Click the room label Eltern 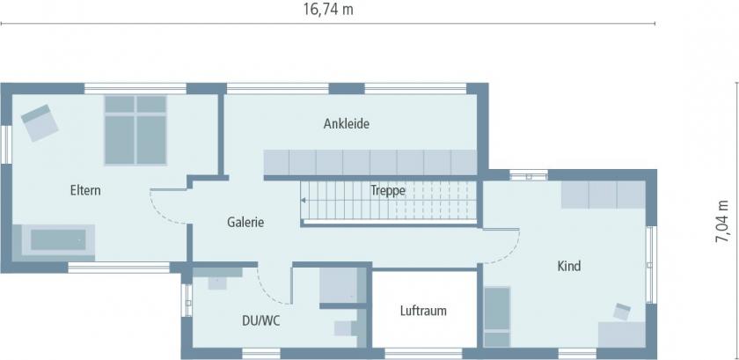[86, 190]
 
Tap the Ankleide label [346, 124]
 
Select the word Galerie [245, 223]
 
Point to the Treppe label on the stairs [388, 190]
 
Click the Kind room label [569, 266]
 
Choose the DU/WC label [261, 321]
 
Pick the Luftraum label [423, 311]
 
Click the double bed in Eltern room [135, 129]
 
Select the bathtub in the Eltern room [59, 239]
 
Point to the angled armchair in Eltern [39, 122]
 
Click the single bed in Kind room [497, 317]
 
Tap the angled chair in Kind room [623, 311]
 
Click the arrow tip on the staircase [304, 201]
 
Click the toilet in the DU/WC [343, 328]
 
